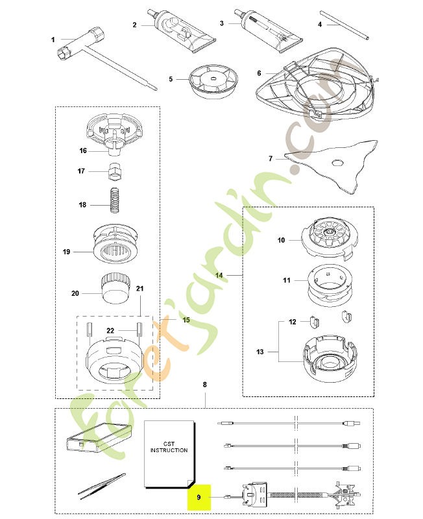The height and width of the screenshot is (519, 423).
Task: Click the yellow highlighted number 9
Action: click(199, 497)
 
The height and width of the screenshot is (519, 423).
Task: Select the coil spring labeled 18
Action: click(115, 200)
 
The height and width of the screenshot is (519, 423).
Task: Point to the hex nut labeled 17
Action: click(115, 171)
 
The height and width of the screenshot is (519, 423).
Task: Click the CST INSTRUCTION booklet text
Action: click(169, 447)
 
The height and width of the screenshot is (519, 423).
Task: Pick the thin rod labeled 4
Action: click(344, 25)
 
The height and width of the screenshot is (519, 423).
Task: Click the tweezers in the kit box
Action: click(102, 486)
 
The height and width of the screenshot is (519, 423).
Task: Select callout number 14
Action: click(219, 275)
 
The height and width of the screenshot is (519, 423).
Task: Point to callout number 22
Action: click(110, 330)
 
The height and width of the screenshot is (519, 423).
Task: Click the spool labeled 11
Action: click(328, 284)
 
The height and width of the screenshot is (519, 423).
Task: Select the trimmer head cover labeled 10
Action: click(329, 238)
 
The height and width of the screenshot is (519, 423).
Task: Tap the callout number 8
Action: click(204, 384)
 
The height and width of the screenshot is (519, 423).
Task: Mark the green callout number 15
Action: click(186, 320)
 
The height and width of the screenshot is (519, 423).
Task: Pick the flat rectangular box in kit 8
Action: click(99, 439)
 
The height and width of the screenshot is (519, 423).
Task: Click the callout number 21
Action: click(139, 288)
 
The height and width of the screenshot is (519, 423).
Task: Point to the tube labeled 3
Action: click(268, 30)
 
